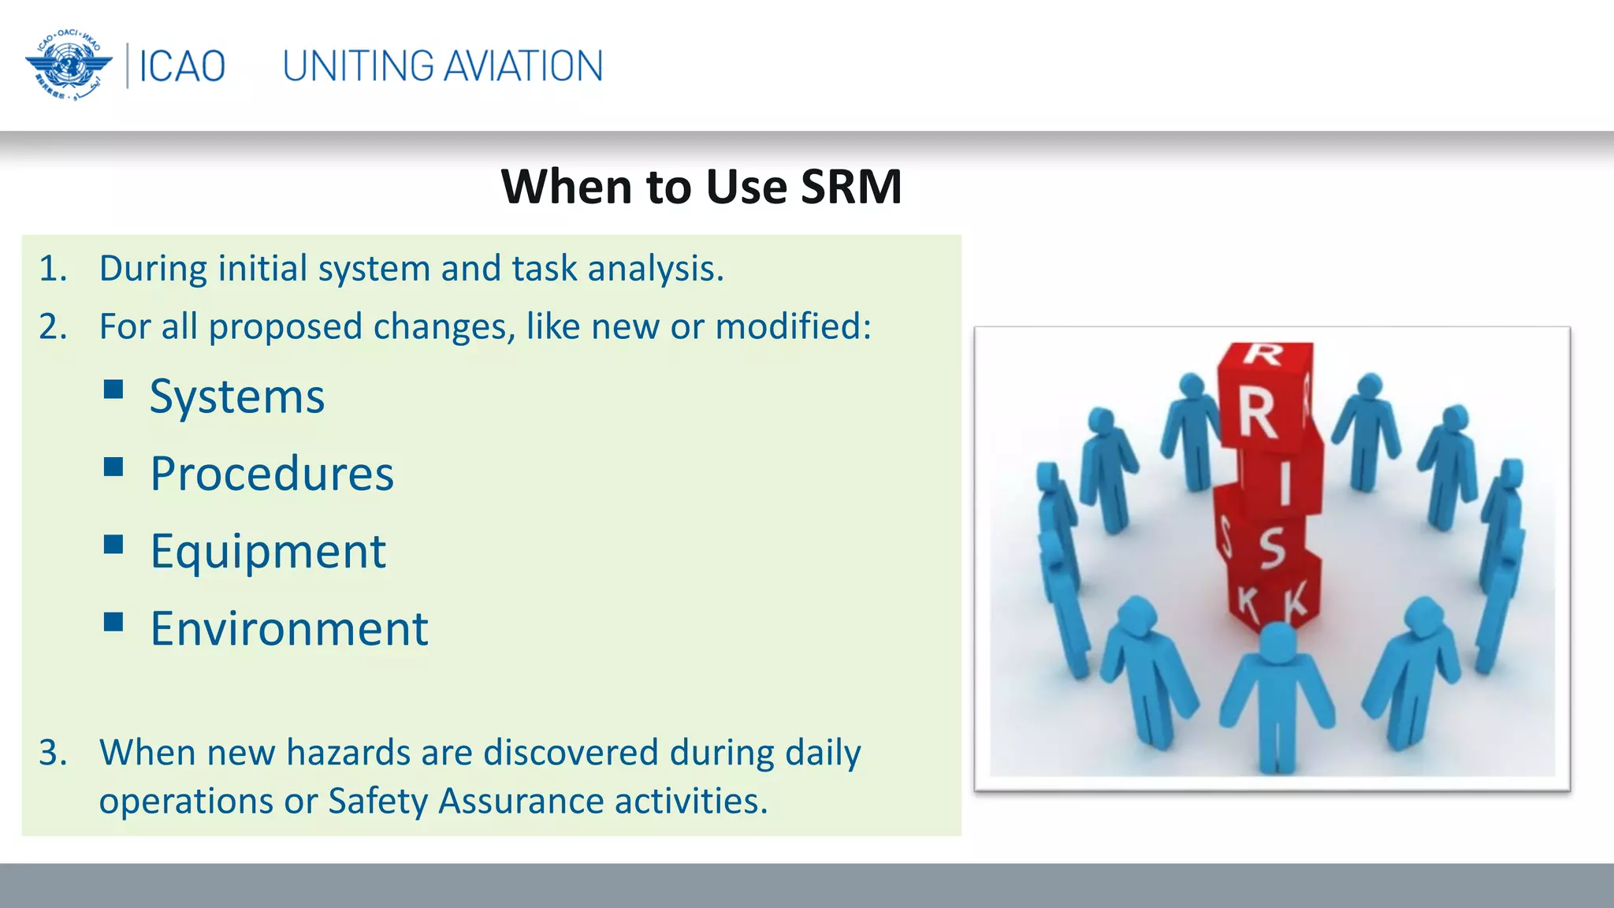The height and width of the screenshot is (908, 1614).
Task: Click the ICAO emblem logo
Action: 69,65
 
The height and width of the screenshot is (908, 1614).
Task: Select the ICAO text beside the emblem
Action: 182,66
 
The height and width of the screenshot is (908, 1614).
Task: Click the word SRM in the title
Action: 851,187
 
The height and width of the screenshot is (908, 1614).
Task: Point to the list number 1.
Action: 53,269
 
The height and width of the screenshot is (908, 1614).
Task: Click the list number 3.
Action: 53,753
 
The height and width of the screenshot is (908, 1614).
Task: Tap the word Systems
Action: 237,396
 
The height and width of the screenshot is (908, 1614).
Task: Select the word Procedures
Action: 272,474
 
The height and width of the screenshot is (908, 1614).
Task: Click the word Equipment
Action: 268,552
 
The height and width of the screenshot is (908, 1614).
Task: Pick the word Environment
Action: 289,629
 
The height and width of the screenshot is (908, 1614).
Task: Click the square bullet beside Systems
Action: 113,389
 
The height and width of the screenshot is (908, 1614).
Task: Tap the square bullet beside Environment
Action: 113,622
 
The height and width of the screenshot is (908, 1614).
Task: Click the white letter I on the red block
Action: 1285,483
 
